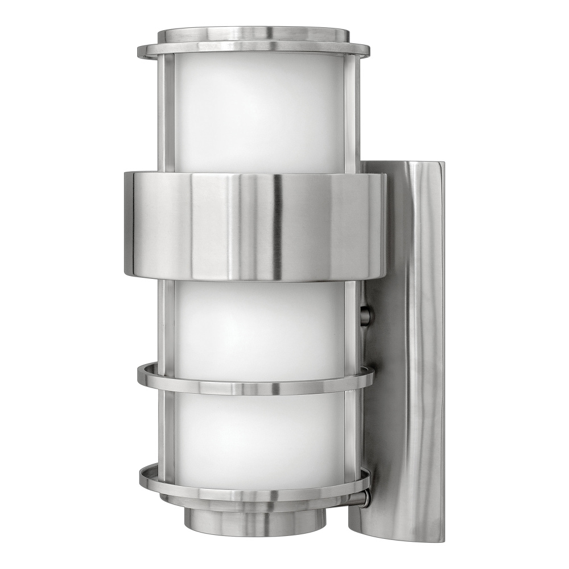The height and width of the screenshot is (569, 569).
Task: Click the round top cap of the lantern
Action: (253, 34)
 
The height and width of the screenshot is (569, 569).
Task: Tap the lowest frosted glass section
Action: (259, 432)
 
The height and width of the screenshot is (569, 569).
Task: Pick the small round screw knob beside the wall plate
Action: (366, 315)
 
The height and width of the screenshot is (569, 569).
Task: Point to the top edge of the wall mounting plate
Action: (404, 163)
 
